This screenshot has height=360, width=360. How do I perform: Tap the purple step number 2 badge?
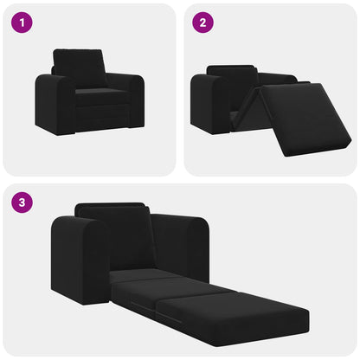pos(203,23)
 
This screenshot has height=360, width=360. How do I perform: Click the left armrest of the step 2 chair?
pos(209,104)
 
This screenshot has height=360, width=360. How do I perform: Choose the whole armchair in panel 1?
pos(89,93)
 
